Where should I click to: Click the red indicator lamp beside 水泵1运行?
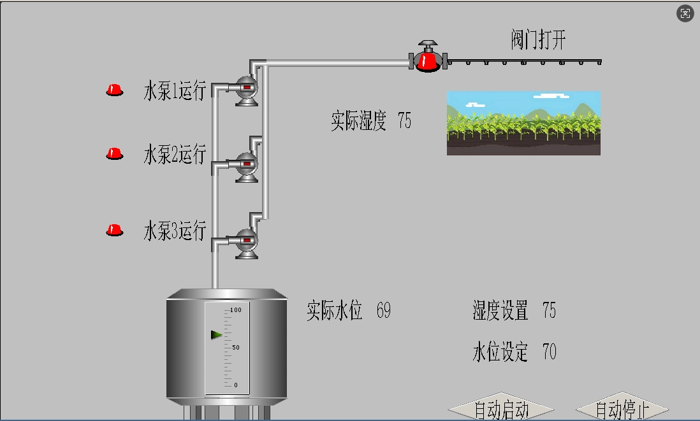click(114, 90)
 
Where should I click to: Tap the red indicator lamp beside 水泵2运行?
click(114, 153)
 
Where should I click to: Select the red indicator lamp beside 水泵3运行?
click(114, 230)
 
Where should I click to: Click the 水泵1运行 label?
click(175, 91)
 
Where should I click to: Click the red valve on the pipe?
click(427, 59)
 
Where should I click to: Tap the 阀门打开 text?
click(538, 40)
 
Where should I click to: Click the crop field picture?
click(523, 123)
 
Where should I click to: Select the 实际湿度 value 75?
click(404, 120)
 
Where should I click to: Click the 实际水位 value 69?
click(383, 311)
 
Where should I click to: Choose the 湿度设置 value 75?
click(549, 311)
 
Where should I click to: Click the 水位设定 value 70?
click(549, 351)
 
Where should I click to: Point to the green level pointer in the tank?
click(217, 335)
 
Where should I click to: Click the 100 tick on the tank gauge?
click(235, 310)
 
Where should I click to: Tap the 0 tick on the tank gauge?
click(235, 385)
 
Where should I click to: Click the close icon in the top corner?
click(685, 13)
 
